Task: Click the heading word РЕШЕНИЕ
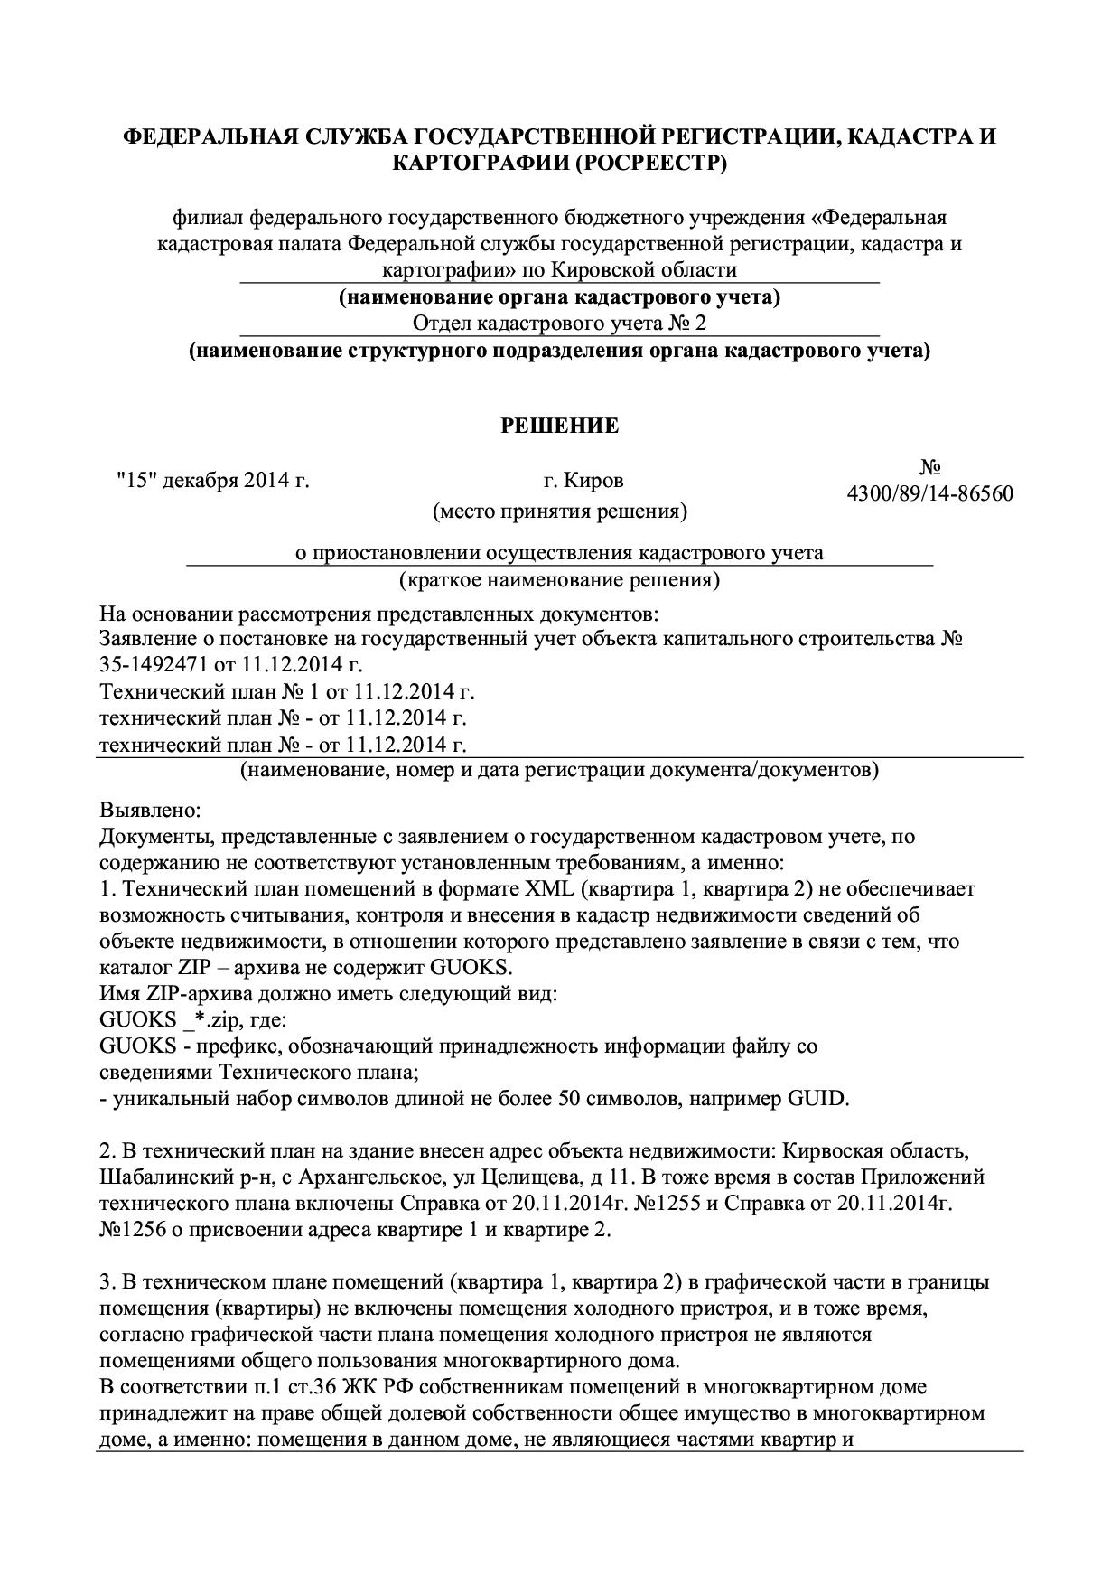click(x=560, y=426)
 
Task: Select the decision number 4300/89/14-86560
click(x=929, y=493)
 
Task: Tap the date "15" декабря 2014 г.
click(x=213, y=480)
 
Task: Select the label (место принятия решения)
click(x=560, y=512)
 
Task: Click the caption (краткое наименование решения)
click(x=560, y=579)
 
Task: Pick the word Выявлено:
click(x=150, y=809)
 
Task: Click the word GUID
click(x=817, y=1099)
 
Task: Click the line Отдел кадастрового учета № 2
click(x=559, y=324)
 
